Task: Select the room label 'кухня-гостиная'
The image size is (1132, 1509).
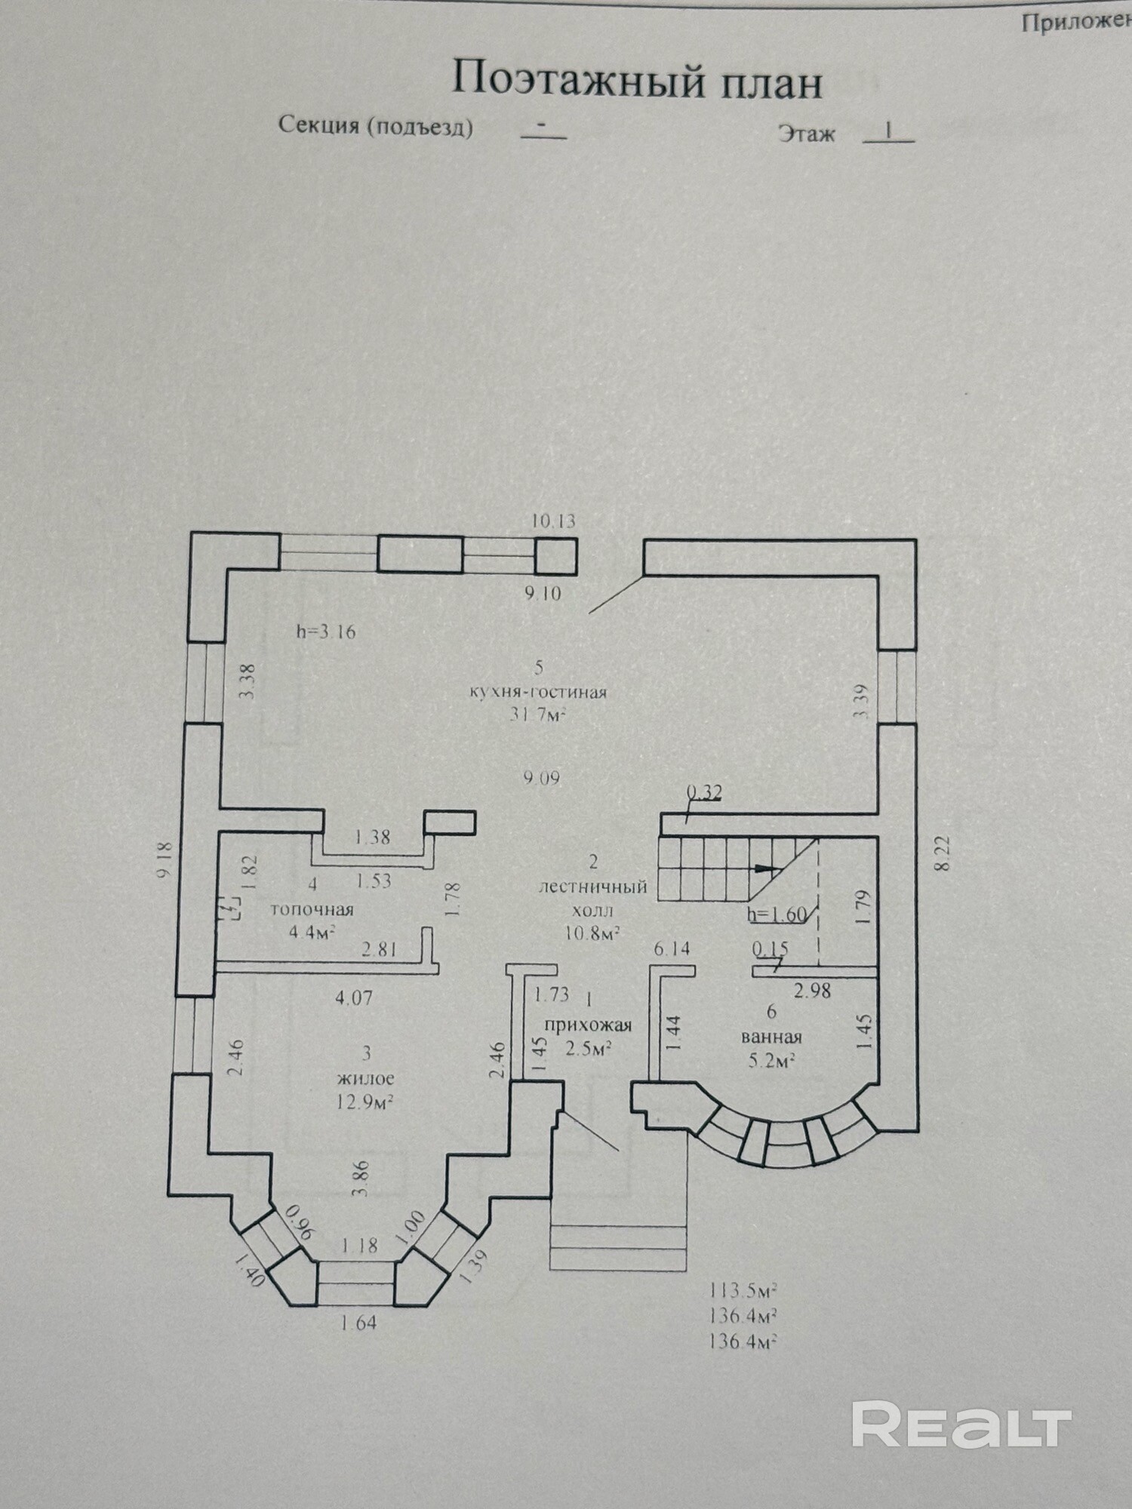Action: coord(537,692)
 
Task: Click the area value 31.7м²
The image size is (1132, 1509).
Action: coord(537,714)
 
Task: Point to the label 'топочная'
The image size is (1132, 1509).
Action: coord(312,909)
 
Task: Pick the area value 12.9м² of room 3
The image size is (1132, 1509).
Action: coord(367,1102)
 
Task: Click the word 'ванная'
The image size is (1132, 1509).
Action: coord(771,1036)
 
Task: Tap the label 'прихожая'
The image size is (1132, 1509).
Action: coord(588,1025)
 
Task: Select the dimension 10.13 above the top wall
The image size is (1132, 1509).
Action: coord(553,521)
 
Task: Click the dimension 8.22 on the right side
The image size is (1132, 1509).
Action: coord(942,856)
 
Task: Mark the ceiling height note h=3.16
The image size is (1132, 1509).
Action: coord(325,632)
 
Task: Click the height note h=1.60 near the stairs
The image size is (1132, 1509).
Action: coord(777,915)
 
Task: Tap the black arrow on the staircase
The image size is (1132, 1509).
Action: coord(764,868)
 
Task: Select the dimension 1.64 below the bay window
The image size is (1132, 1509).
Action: coord(358,1323)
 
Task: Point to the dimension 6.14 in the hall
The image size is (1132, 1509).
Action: coord(672,948)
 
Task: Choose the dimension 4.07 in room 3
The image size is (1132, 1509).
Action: coord(354,998)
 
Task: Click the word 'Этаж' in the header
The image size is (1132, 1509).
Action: coord(807,135)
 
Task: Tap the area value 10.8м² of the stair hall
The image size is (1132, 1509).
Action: coord(592,933)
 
